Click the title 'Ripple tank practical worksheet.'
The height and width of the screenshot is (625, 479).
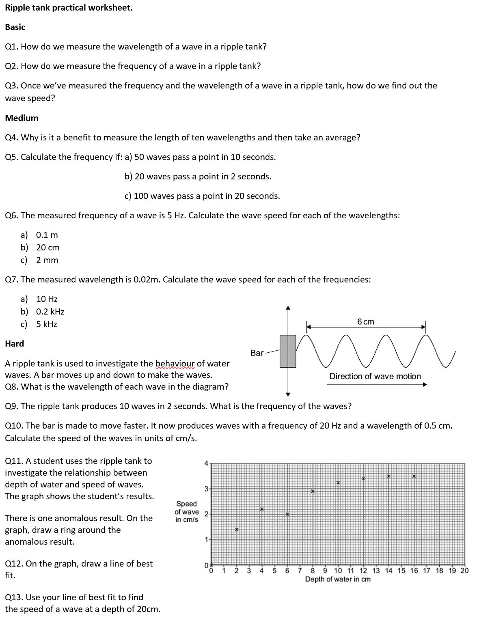(69, 8)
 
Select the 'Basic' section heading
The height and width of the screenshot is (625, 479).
(15, 27)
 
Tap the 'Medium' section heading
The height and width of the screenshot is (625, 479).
(22, 118)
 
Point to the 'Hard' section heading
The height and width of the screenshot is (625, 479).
(14, 344)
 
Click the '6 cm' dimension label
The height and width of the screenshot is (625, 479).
(366, 322)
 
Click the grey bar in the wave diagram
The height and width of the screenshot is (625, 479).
(288, 351)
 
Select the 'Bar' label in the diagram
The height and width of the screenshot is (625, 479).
(257, 353)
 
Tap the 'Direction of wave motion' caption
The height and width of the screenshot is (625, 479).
(375, 376)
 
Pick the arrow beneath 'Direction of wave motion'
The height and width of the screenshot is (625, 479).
(376, 384)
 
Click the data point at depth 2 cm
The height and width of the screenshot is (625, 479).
(237, 529)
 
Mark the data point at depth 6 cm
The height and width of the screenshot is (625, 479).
(287, 514)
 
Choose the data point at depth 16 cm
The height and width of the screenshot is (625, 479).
(414, 476)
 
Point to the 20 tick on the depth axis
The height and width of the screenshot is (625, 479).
(464, 571)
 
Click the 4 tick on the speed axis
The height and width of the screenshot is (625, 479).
(206, 463)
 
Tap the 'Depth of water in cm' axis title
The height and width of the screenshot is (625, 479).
(338, 579)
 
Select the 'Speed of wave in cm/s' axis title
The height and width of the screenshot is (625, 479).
(187, 511)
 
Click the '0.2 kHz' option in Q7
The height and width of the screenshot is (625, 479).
(50, 312)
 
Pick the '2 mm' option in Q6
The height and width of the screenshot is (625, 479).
(47, 260)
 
